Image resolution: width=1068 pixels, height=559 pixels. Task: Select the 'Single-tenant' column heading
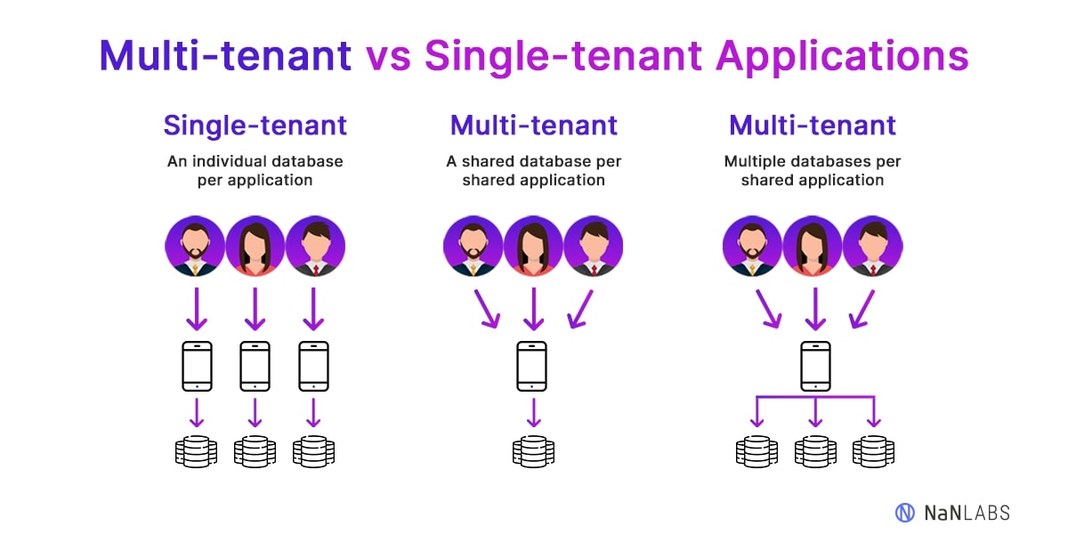click(255, 126)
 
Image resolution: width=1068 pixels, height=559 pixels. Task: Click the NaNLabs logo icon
click(905, 512)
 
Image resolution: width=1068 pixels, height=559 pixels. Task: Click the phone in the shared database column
click(532, 366)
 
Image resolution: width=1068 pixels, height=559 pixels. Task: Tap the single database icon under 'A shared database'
click(532, 451)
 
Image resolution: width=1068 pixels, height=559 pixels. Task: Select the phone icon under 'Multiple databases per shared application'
click(814, 366)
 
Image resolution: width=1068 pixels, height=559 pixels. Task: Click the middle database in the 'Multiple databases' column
click(814, 451)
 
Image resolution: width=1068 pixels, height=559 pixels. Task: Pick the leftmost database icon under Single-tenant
click(196, 451)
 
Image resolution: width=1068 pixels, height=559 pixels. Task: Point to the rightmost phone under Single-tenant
click(313, 366)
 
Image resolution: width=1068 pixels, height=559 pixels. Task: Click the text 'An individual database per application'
click(255, 171)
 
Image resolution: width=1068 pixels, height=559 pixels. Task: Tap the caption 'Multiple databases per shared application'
click(813, 171)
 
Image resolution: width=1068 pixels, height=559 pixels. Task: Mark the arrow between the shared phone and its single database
click(533, 412)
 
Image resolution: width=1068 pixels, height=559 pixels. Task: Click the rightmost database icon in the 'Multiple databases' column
click(873, 451)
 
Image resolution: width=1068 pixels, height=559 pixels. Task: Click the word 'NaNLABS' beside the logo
click(967, 513)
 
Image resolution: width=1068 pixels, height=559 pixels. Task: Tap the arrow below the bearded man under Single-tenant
click(196, 308)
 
